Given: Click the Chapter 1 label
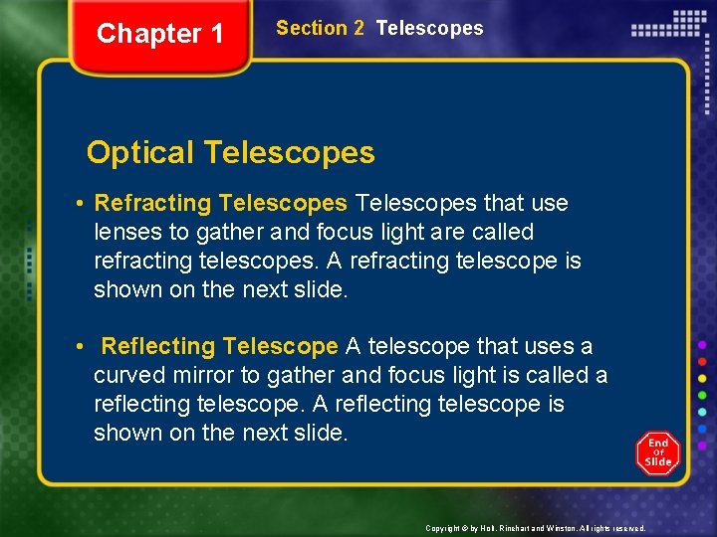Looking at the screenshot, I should [160, 34].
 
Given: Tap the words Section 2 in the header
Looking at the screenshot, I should [320, 29].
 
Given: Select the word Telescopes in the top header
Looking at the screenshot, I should [429, 29].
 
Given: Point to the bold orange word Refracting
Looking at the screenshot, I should [152, 204].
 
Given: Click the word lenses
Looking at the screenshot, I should [127, 233].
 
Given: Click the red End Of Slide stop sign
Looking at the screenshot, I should [658, 453].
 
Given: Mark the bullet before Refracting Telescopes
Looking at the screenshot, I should [78, 204].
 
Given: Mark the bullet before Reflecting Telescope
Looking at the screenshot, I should [78, 347].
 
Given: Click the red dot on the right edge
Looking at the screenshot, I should [702, 360].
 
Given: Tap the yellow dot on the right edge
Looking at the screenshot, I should [702, 377].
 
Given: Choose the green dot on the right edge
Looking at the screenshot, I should [702, 394].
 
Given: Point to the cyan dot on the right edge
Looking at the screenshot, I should [702, 411].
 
